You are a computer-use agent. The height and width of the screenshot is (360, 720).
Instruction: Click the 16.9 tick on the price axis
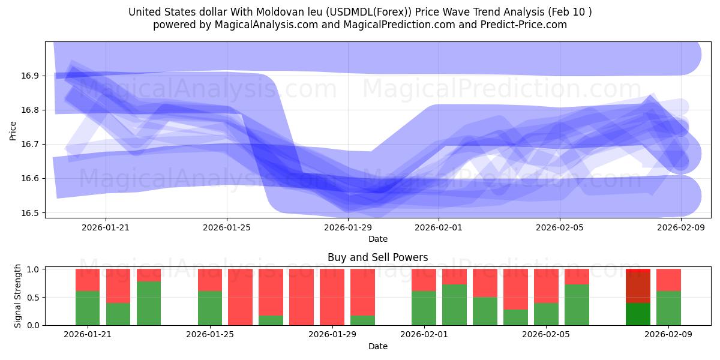30,76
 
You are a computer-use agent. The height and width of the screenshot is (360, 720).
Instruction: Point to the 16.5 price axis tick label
30,213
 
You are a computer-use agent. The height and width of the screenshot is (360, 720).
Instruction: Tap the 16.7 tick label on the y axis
30,145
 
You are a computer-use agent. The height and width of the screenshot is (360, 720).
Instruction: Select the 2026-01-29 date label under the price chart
348,227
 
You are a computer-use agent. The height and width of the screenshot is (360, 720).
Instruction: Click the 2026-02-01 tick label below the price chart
439,227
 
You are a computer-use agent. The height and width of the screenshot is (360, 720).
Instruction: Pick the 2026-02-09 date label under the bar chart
668,335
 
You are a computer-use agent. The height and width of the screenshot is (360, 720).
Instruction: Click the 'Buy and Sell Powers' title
378,257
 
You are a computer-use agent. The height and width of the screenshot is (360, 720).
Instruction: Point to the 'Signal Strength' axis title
18,296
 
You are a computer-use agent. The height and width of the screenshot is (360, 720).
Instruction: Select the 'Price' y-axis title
13,130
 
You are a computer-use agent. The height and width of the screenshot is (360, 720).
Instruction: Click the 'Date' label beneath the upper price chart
378,239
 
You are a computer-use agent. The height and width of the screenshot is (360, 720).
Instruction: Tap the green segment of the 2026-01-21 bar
88,308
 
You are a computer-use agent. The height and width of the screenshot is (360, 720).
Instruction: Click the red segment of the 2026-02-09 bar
668,280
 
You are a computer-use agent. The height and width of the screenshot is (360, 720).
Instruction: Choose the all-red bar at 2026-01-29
332,297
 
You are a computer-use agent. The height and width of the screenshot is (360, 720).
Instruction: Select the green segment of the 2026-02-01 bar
424,308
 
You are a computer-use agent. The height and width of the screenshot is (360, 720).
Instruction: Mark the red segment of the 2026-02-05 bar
546,286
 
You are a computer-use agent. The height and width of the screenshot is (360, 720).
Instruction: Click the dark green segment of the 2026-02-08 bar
638,314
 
